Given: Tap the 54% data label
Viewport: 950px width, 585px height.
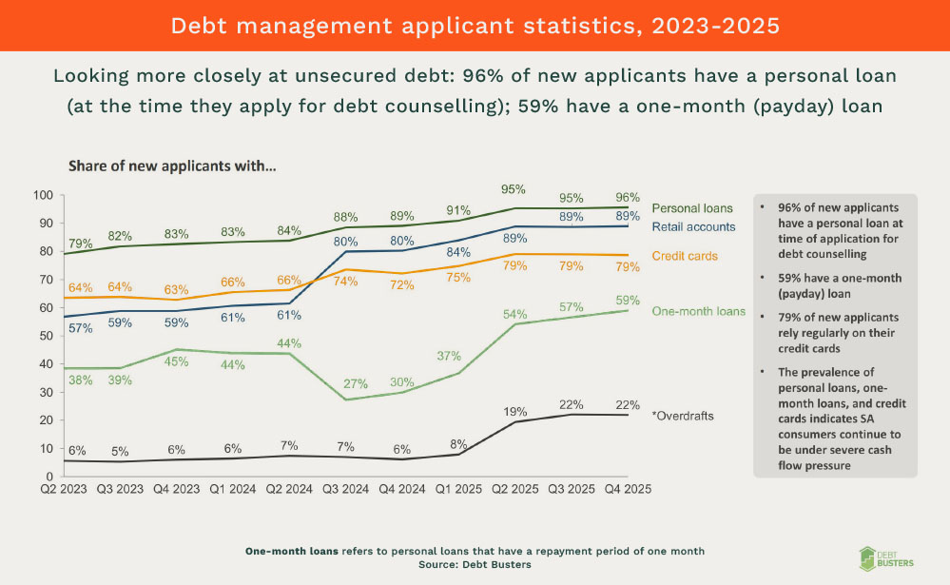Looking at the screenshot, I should point(515,314).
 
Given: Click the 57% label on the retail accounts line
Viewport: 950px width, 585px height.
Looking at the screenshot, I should point(80,329).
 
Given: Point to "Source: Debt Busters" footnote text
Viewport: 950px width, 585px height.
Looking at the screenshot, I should point(474,564).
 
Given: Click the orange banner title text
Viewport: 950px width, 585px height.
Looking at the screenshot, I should point(475,26).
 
